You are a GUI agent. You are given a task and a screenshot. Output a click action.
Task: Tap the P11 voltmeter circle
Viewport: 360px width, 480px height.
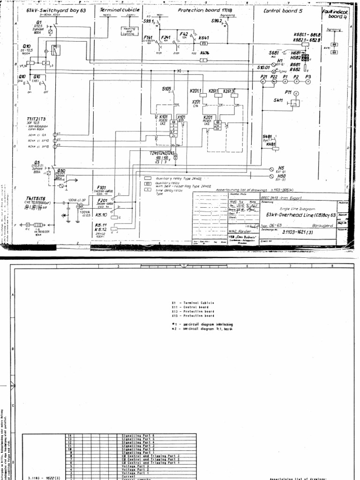tap(296, 94)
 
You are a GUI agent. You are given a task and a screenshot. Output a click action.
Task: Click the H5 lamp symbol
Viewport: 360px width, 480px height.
tap(272, 168)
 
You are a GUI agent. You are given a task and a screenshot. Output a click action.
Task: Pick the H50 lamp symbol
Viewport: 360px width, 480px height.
tap(272, 177)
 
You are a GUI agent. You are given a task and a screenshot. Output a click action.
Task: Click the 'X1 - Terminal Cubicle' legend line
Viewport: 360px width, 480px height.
tap(193, 303)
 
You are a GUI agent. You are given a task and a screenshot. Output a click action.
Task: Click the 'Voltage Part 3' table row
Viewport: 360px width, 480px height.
tap(135, 466)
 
